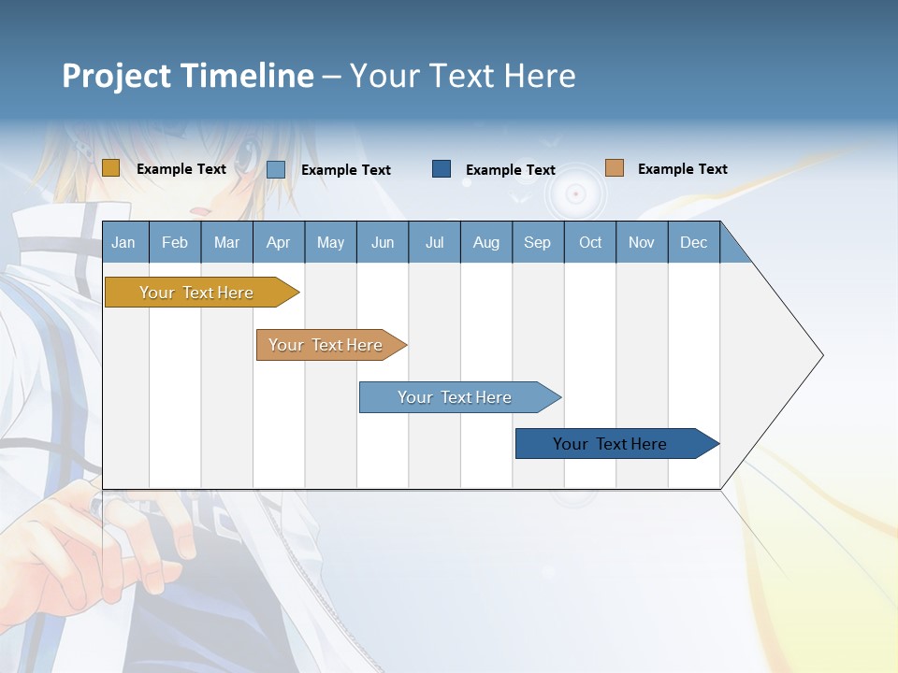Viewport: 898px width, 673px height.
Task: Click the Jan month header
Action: click(x=123, y=242)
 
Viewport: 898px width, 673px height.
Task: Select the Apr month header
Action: click(x=279, y=242)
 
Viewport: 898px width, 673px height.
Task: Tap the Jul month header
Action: click(x=434, y=242)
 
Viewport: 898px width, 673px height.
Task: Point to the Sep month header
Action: click(x=537, y=242)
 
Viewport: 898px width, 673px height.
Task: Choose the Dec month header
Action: click(x=693, y=242)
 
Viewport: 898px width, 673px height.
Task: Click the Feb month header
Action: click(x=175, y=242)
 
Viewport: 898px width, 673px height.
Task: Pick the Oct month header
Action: click(x=590, y=242)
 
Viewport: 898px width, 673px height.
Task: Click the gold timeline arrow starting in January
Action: click(x=196, y=293)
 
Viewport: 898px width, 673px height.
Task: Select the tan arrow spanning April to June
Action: click(x=326, y=345)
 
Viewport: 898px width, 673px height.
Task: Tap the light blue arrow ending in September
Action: click(x=455, y=397)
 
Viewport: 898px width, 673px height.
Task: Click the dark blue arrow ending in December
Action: click(x=610, y=444)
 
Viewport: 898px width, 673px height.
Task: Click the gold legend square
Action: click(x=110, y=168)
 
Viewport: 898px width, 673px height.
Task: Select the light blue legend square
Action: click(x=276, y=169)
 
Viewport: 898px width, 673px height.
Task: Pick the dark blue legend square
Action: click(x=442, y=168)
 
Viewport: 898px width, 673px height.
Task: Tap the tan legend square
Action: click(x=614, y=168)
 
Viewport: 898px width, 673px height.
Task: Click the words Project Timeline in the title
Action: click(x=188, y=76)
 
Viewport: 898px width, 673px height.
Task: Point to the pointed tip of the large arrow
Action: click(x=820, y=355)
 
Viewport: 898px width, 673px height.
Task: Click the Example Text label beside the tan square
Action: click(x=682, y=169)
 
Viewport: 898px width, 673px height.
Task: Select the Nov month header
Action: click(x=642, y=242)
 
